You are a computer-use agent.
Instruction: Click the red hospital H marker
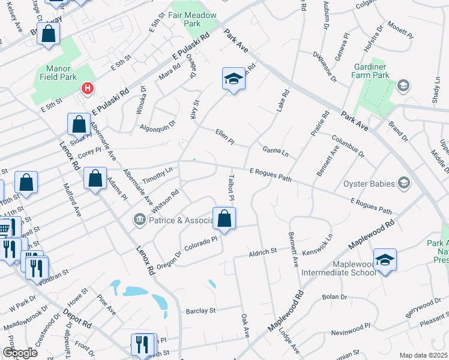[x=88, y=89]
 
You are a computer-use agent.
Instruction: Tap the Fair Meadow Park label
[x=192, y=18]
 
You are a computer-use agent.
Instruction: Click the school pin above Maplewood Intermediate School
[x=385, y=260]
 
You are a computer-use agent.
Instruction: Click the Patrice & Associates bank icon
[x=140, y=220]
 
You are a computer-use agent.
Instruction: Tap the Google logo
[x=20, y=353]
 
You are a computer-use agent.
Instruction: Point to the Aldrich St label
[x=262, y=253]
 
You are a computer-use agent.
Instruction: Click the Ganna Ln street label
[x=275, y=151]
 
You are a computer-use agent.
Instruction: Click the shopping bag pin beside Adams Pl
[x=95, y=178]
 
